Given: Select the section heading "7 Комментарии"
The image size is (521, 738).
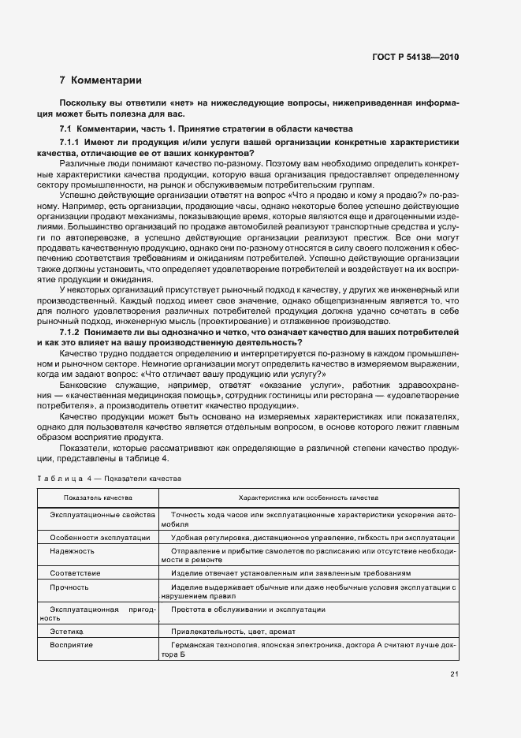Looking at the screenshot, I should click(x=101, y=80).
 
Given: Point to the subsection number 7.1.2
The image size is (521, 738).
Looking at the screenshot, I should click(x=73, y=331).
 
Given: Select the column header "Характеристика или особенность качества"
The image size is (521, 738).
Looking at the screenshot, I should click(x=309, y=498).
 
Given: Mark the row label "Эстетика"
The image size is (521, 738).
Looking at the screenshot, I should click(x=67, y=632).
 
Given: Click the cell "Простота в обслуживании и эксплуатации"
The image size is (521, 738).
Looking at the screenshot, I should click(x=247, y=609).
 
